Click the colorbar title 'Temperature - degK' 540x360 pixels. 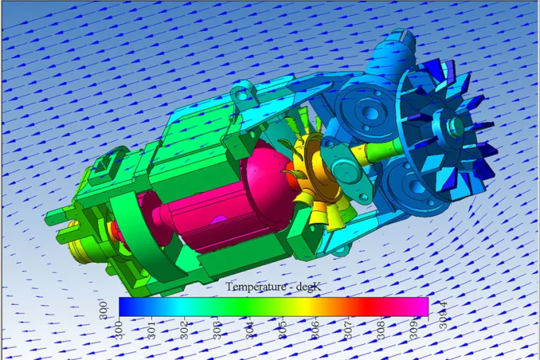pyautogui.click(x=274, y=286)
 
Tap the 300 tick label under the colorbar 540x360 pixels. pyautogui.click(x=119, y=330)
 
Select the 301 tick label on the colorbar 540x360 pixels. pyautogui.click(x=152, y=330)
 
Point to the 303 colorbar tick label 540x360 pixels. pyautogui.click(x=217, y=330)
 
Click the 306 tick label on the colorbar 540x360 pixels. pyautogui.click(x=315, y=330)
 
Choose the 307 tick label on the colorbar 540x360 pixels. pyautogui.click(x=348, y=330)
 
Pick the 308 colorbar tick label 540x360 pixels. pyautogui.click(x=381, y=330)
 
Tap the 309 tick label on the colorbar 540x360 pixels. pyautogui.click(x=413, y=330)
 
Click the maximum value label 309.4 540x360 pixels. pyautogui.click(x=443, y=315)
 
